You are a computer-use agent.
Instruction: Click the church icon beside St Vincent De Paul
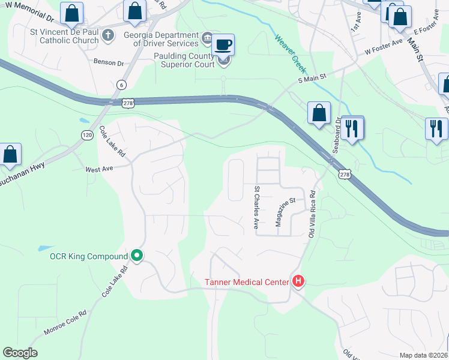108,35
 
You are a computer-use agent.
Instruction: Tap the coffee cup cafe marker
223,45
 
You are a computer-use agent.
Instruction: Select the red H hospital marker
298,281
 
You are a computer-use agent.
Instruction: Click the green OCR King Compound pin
137,256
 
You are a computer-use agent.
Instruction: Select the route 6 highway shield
122,85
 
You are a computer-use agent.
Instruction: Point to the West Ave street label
99,169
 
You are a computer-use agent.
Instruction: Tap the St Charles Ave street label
256,207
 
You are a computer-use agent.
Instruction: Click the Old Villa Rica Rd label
312,214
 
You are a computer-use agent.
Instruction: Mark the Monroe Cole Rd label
65,323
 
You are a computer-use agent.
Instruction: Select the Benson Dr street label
108,62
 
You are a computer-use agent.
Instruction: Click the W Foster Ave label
384,47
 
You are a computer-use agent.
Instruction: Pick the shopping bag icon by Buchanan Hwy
10,155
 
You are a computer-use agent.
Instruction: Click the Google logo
20,353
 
